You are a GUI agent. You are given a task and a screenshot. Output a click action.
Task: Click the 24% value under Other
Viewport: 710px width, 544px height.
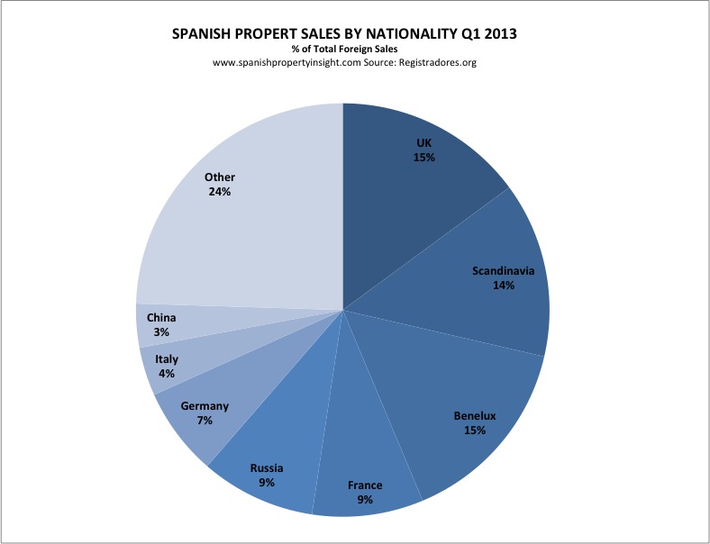point(220,192)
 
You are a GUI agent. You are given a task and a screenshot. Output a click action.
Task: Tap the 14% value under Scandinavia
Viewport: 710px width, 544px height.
point(504,286)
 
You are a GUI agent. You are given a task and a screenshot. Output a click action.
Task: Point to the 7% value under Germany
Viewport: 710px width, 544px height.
point(205,421)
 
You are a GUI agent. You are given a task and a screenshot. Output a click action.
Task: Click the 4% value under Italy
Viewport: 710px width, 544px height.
point(167,374)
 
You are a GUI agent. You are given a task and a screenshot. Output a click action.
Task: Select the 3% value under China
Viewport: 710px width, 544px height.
point(162,332)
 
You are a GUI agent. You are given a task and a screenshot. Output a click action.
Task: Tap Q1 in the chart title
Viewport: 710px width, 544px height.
point(460,33)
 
